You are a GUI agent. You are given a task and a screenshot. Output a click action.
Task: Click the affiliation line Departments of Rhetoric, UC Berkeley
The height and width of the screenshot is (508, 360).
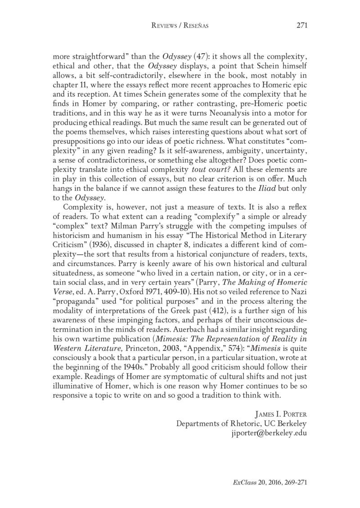(x=242, y=423)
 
